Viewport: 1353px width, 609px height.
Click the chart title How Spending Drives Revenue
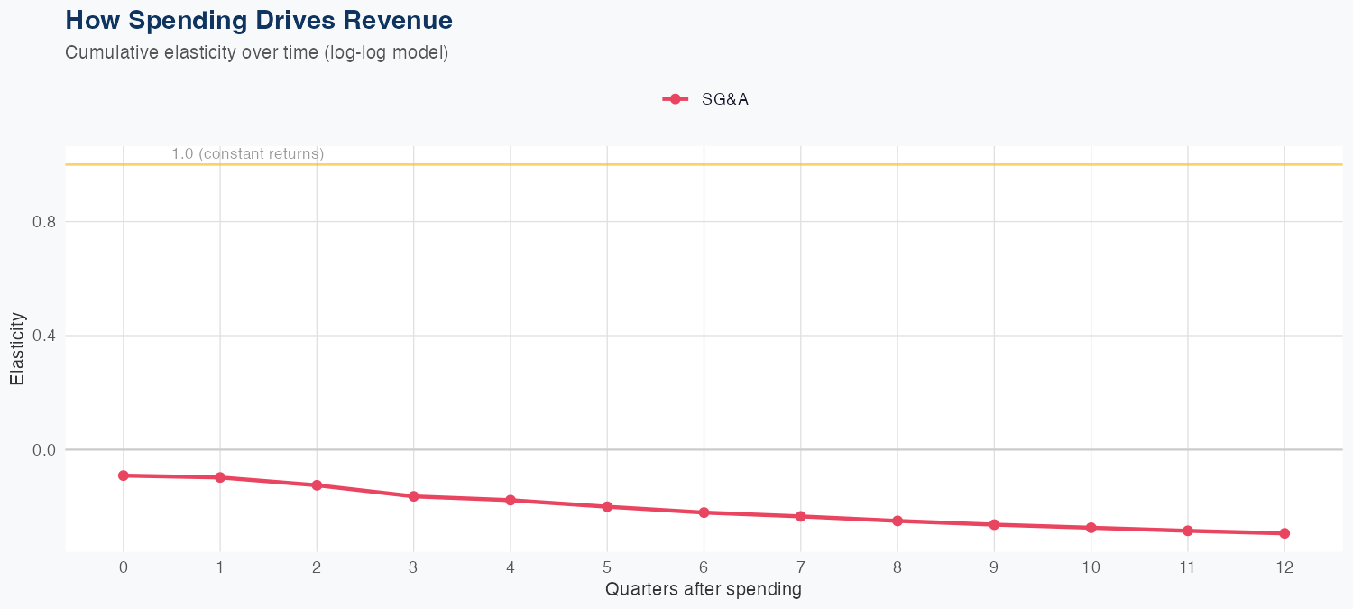259,20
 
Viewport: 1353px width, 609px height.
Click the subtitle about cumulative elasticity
256,52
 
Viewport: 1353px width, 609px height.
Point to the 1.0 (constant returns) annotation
247,154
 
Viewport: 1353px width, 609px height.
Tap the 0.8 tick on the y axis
42,222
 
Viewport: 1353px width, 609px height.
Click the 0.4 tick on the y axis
42,336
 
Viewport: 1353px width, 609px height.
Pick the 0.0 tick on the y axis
42,449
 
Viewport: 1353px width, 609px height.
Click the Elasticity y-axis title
17,348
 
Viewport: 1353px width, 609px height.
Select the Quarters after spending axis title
703,590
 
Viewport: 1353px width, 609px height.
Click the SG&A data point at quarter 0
124,475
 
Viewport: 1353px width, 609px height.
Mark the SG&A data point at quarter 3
414,496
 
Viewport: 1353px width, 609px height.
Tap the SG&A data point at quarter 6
704,512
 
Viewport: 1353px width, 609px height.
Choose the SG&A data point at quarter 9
994,524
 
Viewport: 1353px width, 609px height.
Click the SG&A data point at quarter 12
1284,533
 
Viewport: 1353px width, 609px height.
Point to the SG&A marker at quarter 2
317,485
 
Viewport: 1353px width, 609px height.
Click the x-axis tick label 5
607,567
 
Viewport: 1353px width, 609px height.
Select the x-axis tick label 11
1187,567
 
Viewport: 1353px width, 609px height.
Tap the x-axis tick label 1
220,567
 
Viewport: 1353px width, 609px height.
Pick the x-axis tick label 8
897,567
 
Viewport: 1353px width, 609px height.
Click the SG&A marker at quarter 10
1091,528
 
